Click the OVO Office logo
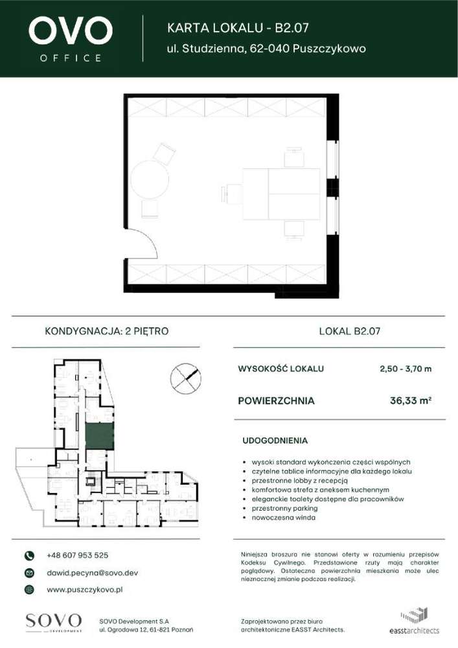pyautogui.click(x=71, y=38)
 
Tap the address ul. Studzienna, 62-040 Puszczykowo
pyautogui.click(x=266, y=49)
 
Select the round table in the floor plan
pyautogui.click(x=150, y=179)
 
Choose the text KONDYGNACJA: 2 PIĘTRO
pyautogui.click(x=106, y=331)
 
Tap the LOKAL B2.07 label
pyautogui.click(x=349, y=331)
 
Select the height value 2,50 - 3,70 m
pyautogui.click(x=405, y=369)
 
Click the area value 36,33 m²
pyautogui.click(x=410, y=400)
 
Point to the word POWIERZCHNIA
pyautogui.click(x=276, y=400)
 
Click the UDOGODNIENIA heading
pyautogui.click(x=275, y=441)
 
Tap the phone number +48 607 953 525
pyautogui.click(x=77, y=555)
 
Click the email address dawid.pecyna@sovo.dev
pyautogui.click(x=92, y=573)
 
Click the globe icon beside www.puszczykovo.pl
pyautogui.click(x=29, y=590)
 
